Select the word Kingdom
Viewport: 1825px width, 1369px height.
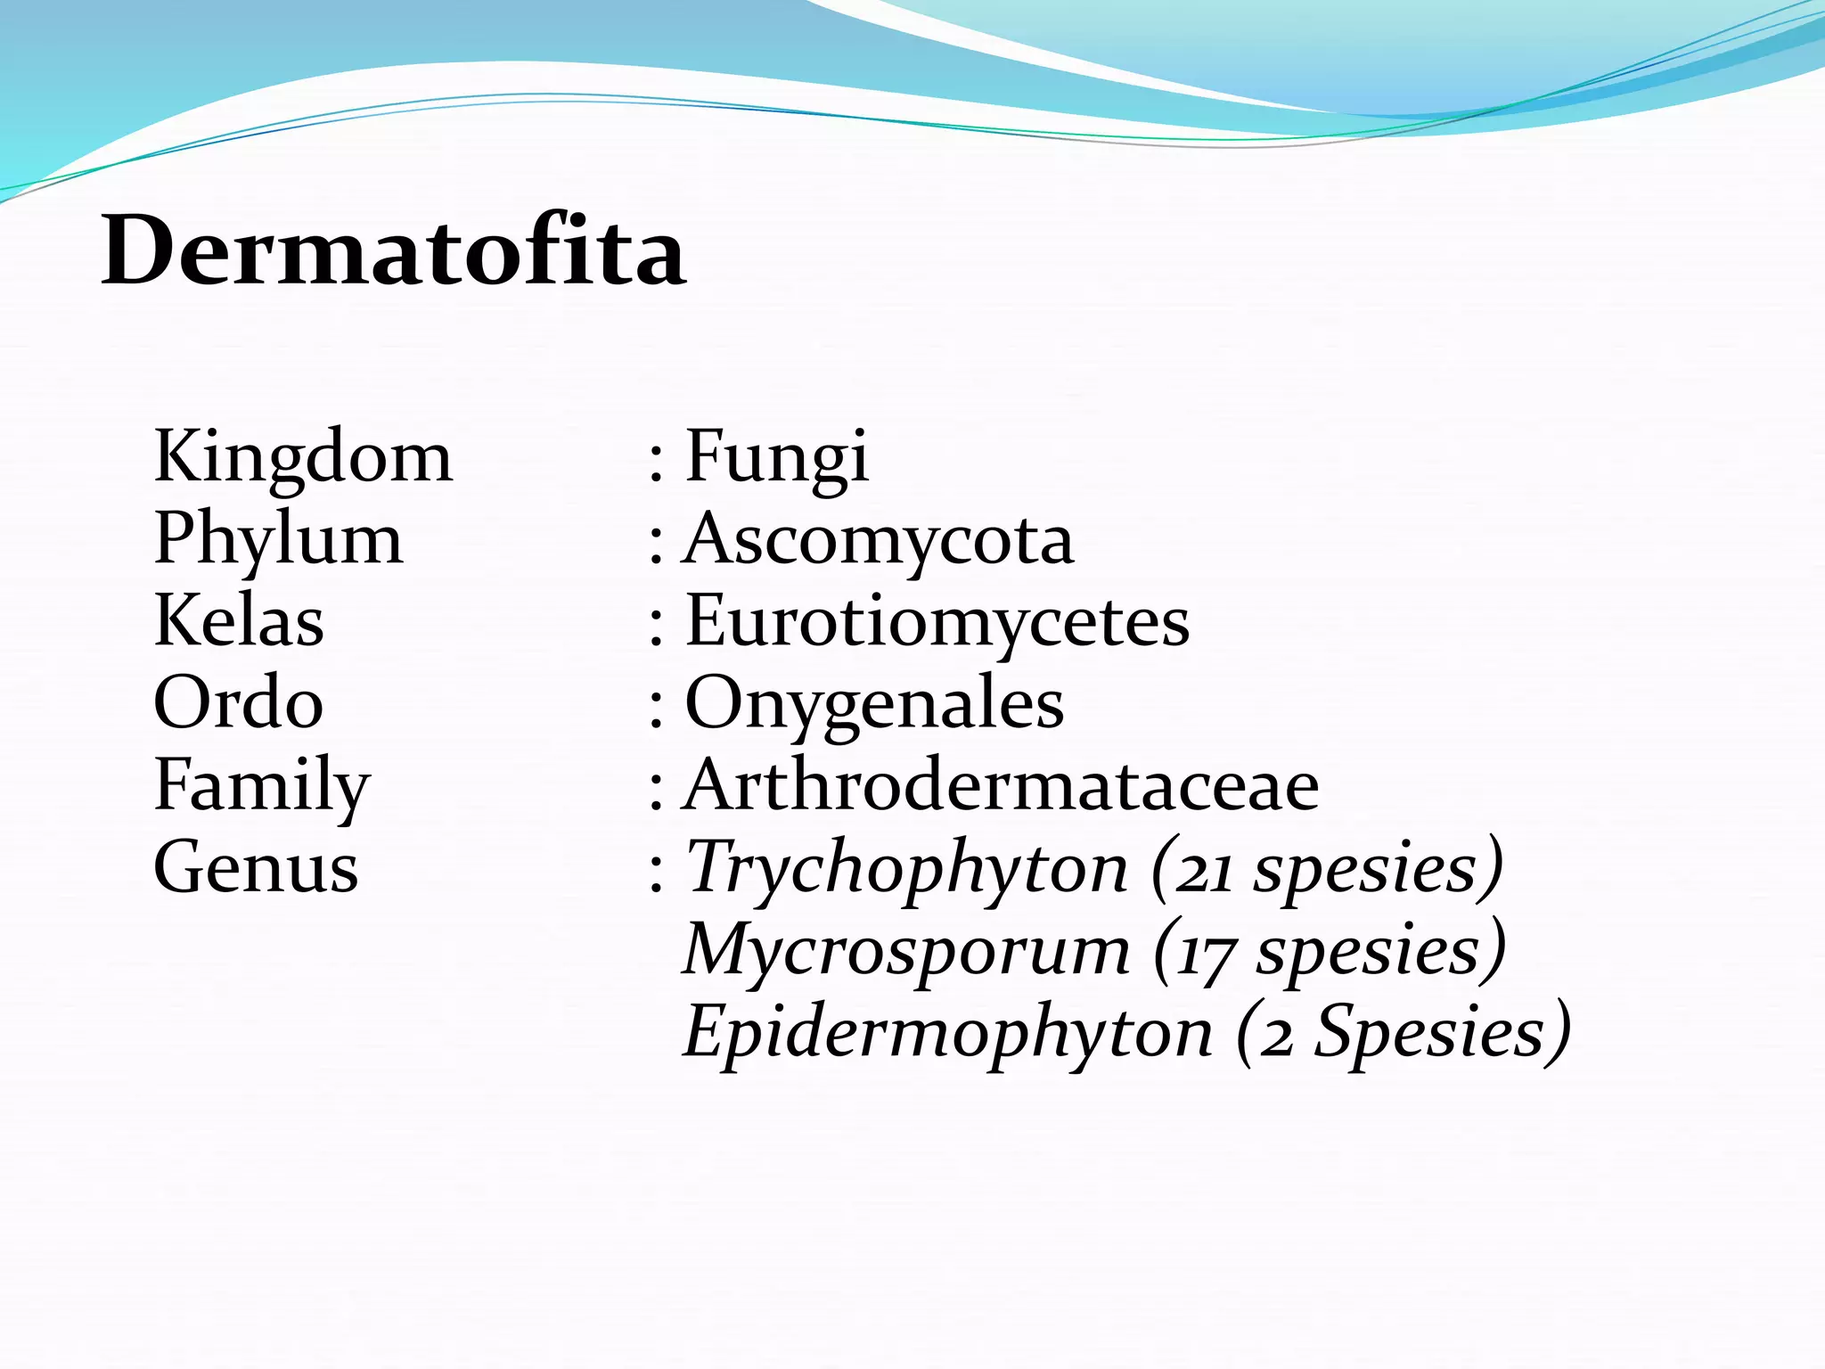(303, 456)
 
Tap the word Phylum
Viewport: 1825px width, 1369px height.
(278, 540)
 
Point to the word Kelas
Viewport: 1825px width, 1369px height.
(239, 621)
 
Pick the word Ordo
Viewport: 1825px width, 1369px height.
(238, 703)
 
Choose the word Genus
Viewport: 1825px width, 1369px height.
(256, 867)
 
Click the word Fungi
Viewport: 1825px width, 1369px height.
(776, 456)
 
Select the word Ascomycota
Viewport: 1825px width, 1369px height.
(879, 539)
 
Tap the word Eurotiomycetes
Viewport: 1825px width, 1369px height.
(937, 621)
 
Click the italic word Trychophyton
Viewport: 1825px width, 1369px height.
(906, 868)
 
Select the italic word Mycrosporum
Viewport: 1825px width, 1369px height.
(906, 950)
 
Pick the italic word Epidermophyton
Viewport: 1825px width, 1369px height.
(948, 1032)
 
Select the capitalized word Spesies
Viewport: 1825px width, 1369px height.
(1430, 1032)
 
